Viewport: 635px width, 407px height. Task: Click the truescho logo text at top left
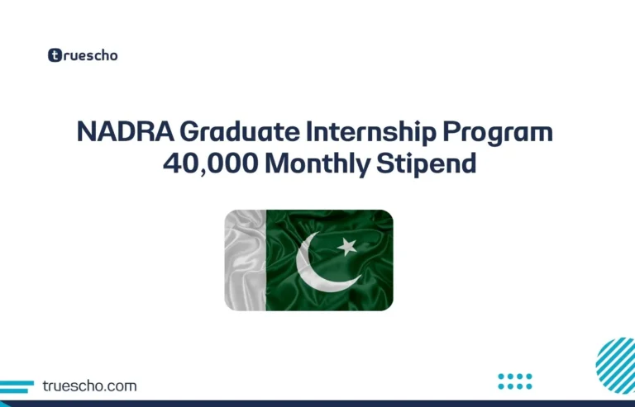(x=91, y=56)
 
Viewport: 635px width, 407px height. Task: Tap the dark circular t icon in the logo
(x=55, y=56)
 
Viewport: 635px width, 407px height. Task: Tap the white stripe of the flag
(x=245, y=260)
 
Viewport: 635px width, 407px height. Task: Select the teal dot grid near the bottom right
(x=515, y=381)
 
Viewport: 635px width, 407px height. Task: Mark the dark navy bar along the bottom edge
(x=317, y=403)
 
